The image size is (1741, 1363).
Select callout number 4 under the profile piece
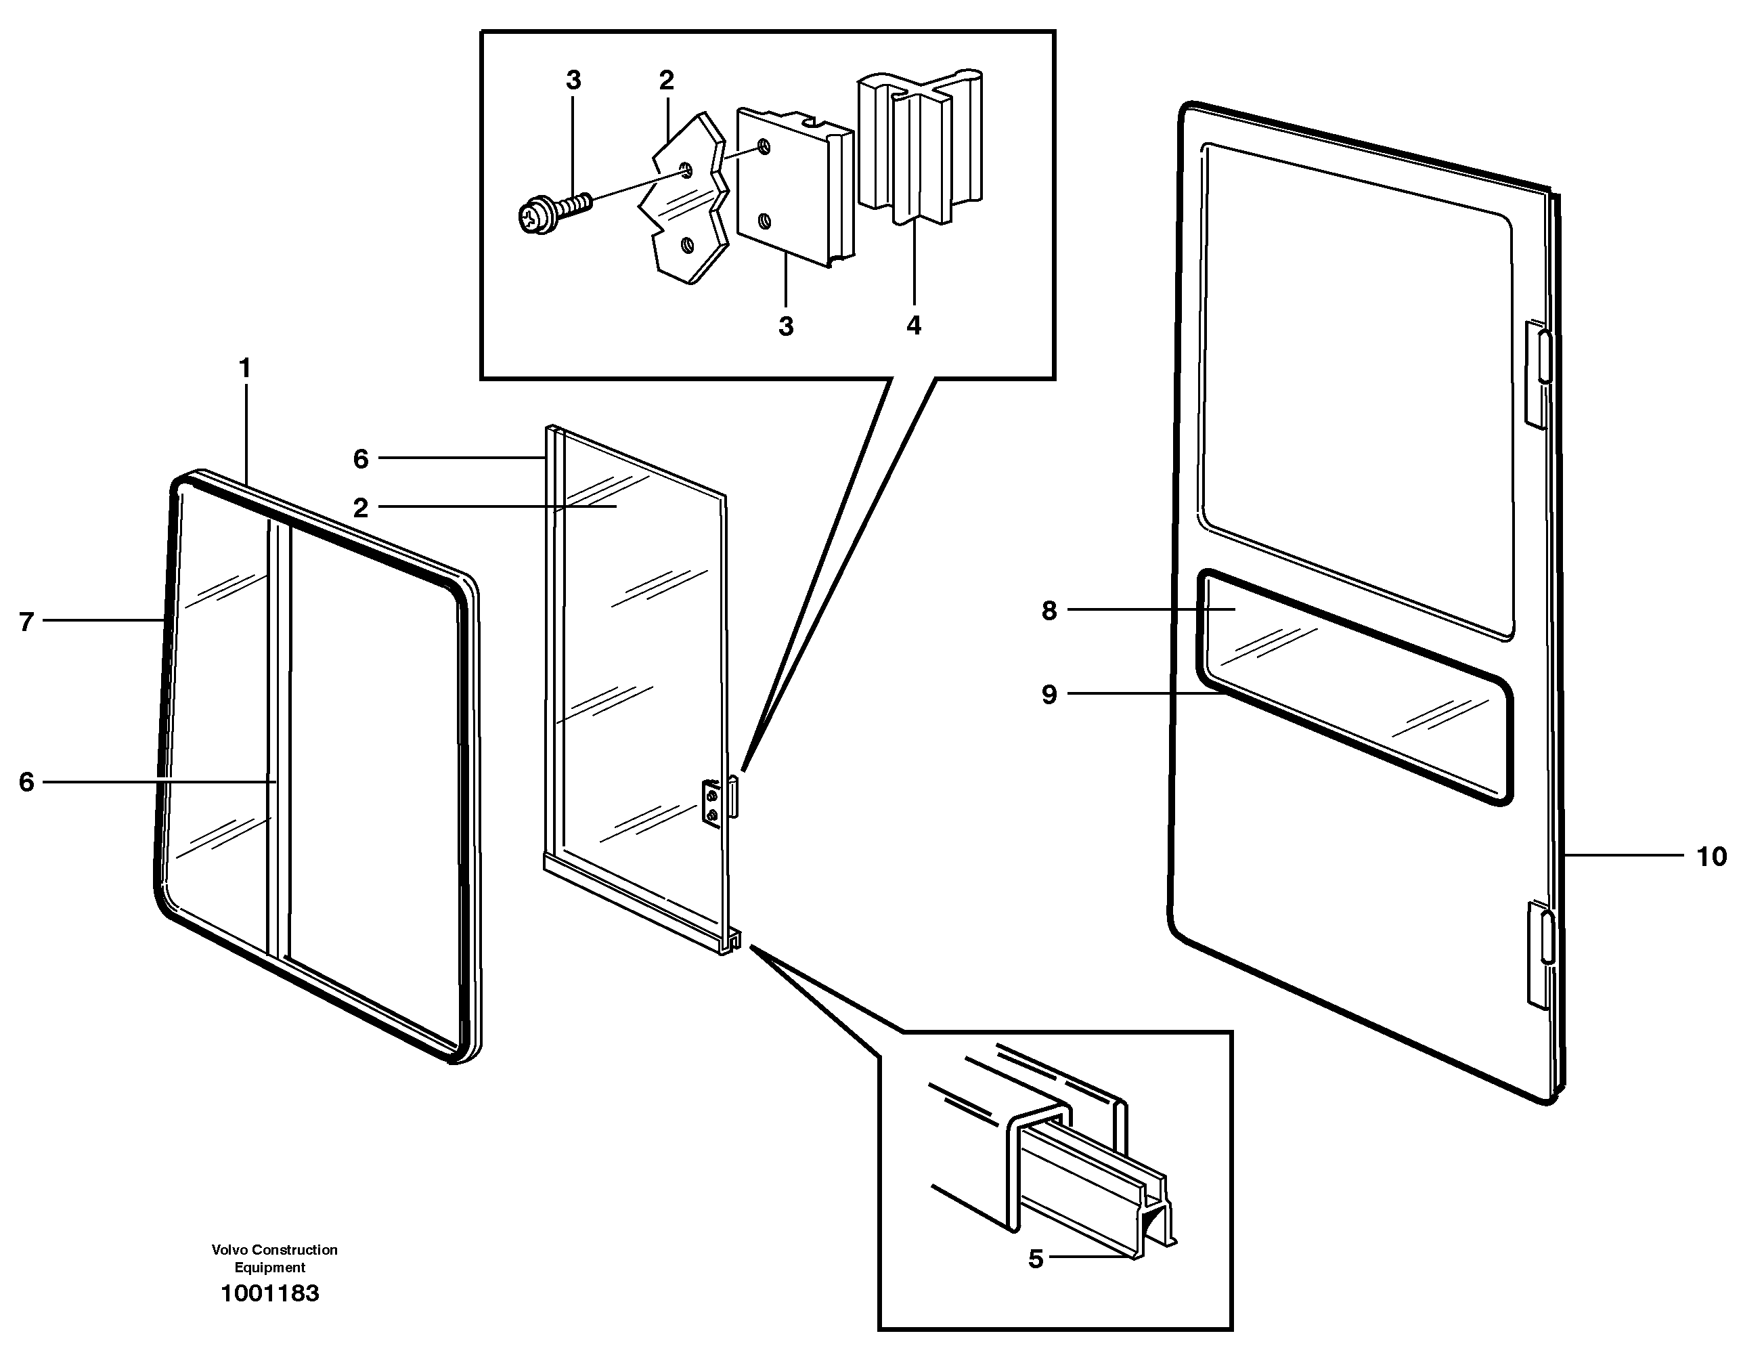pyautogui.click(x=914, y=326)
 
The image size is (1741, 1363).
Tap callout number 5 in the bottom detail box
pyautogui.click(x=1035, y=1259)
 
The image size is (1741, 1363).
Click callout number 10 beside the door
pyautogui.click(x=1711, y=857)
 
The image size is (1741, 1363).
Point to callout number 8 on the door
pyautogui.click(x=1049, y=611)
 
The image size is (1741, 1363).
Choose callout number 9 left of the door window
pyautogui.click(x=1049, y=694)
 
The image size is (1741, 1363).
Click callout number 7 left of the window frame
pyautogui.click(x=26, y=622)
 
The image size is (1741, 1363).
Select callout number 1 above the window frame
pyautogui.click(x=245, y=368)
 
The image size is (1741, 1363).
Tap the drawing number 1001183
pyautogui.click(x=269, y=1293)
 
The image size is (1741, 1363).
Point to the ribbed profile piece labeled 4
pyautogui.click(x=918, y=148)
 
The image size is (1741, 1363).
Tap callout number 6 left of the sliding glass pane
pyautogui.click(x=361, y=459)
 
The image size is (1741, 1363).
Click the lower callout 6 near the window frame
pyautogui.click(x=26, y=782)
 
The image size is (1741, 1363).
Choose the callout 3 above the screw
pyautogui.click(x=573, y=81)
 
